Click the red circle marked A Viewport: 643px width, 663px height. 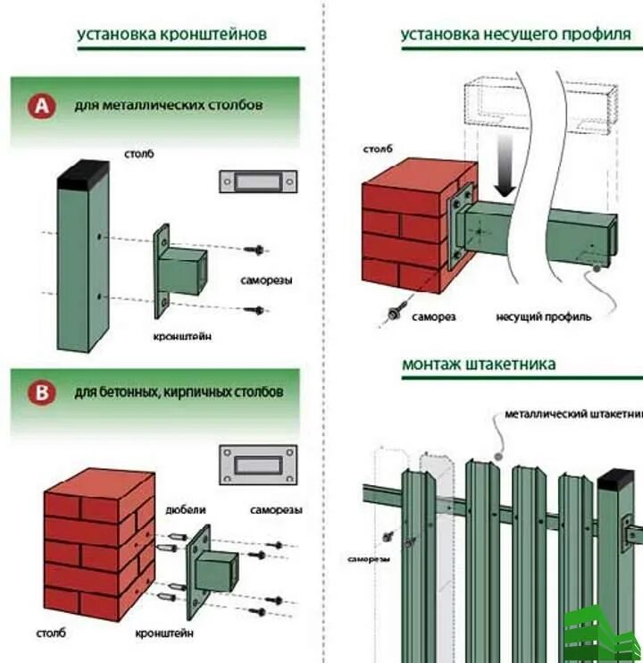pos(39,106)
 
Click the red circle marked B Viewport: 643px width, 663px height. pos(39,392)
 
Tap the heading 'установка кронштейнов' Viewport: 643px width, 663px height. pos(171,35)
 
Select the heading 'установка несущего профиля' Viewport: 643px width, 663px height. pos(515,35)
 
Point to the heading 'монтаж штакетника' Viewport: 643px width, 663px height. pos(479,364)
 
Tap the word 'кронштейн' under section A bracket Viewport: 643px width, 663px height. pos(183,336)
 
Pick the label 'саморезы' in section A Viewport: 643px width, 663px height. pos(266,280)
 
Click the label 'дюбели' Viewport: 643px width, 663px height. pos(186,509)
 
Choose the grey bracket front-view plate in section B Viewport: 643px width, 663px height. pos(257,465)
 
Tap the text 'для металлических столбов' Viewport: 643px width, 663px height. pos(169,105)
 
